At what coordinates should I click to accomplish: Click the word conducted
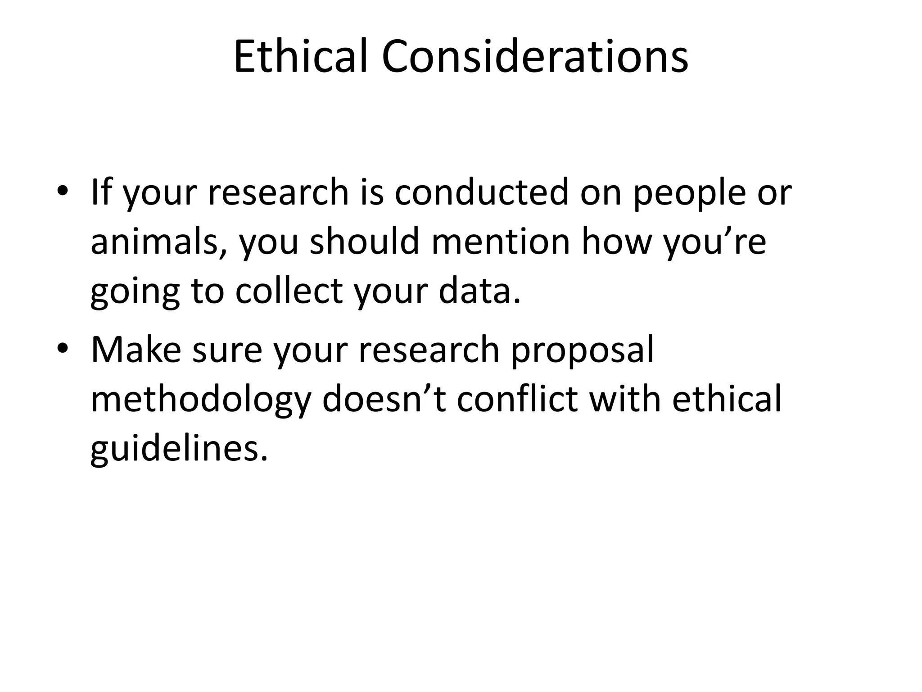point(482,193)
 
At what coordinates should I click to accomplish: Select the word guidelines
point(179,450)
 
